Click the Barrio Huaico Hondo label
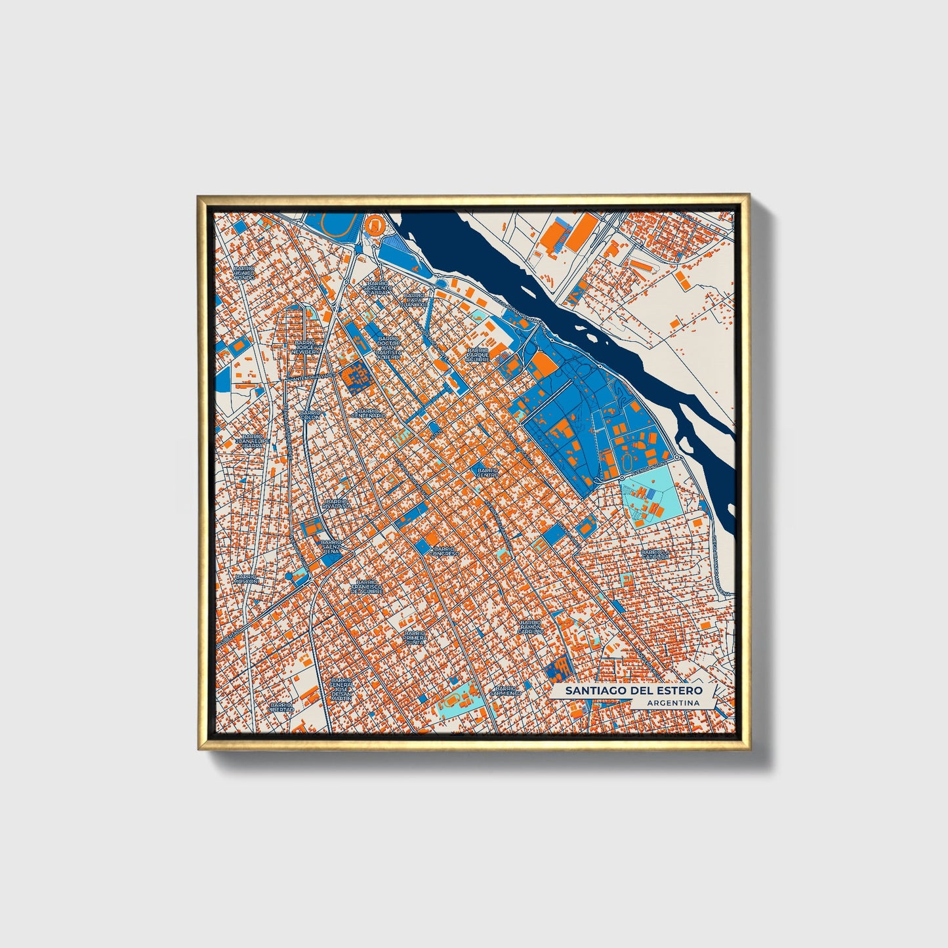(x=244, y=273)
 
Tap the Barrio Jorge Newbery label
(x=307, y=347)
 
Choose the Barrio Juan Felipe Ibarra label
(x=253, y=441)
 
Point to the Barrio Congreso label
(x=444, y=551)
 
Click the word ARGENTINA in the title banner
(x=672, y=703)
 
